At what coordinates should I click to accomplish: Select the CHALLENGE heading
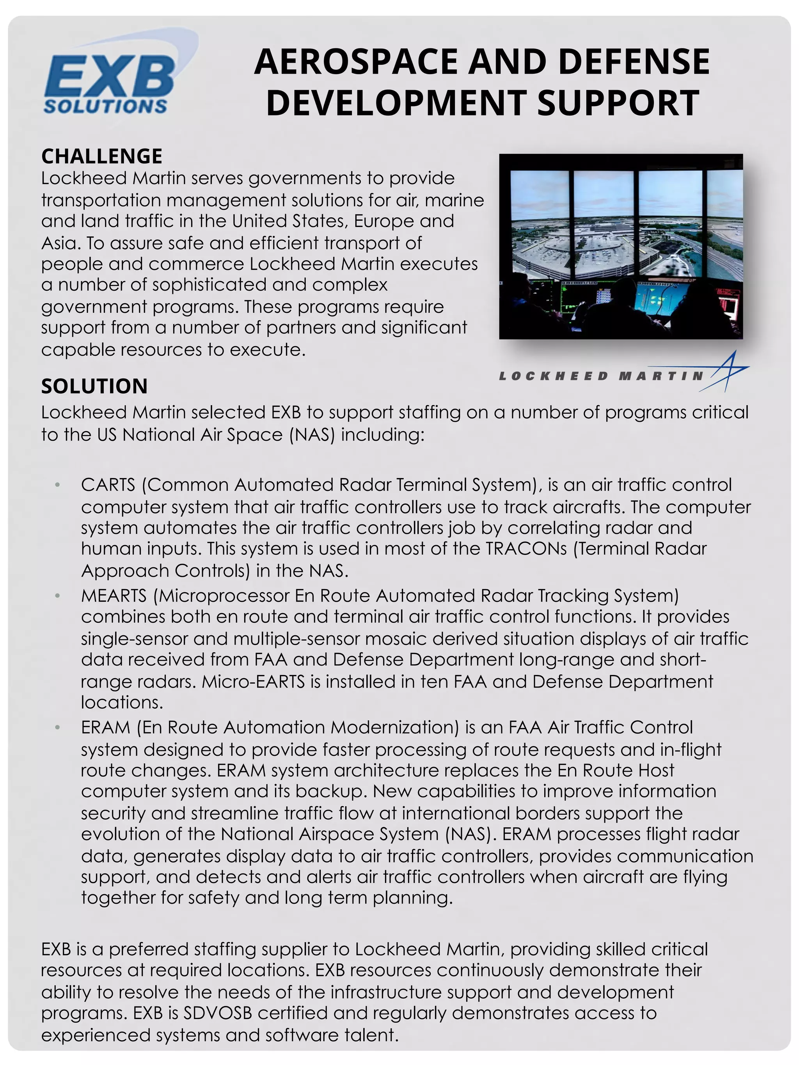click(x=101, y=156)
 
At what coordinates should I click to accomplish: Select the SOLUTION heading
click(x=94, y=386)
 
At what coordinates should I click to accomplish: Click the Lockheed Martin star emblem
click(x=727, y=371)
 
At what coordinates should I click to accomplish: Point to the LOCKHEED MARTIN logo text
click(x=601, y=376)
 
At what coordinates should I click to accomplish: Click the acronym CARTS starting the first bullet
click(x=108, y=485)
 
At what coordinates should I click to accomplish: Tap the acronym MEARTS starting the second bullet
click(x=114, y=596)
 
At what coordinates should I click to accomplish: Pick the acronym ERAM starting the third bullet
click(x=105, y=728)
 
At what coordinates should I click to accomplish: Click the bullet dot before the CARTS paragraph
click(x=58, y=485)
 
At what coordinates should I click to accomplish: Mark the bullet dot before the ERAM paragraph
click(x=58, y=728)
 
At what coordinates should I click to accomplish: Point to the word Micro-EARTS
click(x=253, y=682)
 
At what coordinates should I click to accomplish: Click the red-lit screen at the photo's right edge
click(x=729, y=298)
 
